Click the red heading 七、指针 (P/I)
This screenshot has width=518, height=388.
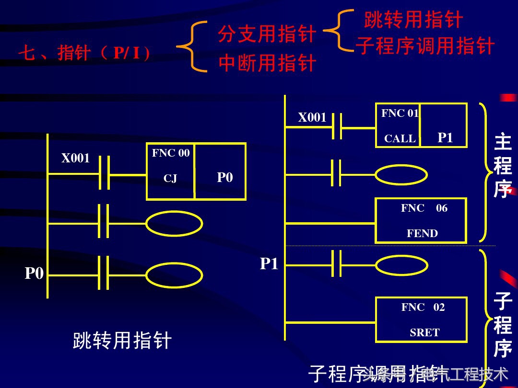(x=84, y=53)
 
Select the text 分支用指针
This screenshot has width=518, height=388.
(x=267, y=34)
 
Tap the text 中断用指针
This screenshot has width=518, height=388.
(x=267, y=63)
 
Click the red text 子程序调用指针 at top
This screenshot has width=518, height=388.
(x=425, y=46)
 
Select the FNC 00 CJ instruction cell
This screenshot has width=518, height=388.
(x=171, y=171)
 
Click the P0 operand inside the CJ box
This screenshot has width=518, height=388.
(x=224, y=177)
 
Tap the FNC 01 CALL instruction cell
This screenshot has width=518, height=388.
(x=399, y=126)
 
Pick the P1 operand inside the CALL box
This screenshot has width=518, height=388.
(x=445, y=137)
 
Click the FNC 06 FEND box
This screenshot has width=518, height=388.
(x=421, y=221)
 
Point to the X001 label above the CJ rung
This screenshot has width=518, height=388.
(x=75, y=158)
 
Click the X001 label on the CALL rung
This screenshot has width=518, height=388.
(x=312, y=117)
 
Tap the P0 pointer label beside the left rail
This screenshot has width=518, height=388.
(x=34, y=274)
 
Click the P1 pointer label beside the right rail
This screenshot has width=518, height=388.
(x=269, y=263)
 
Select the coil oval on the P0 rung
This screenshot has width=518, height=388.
(x=174, y=275)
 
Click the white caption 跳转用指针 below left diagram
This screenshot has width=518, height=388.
(x=122, y=341)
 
